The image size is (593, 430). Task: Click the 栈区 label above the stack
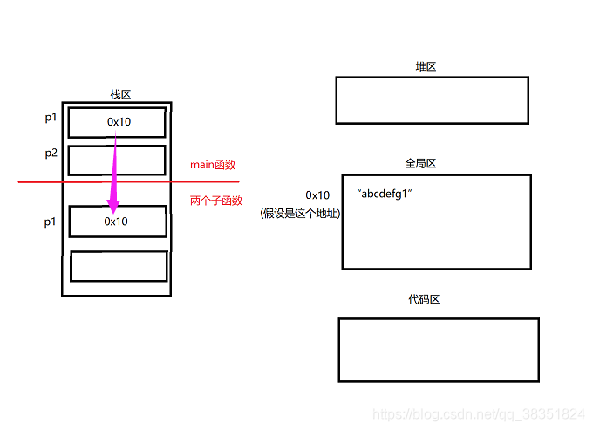click(120, 94)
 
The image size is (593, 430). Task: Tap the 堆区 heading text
click(426, 67)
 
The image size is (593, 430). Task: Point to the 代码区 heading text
click(424, 299)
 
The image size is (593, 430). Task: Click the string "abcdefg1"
click(384, 193)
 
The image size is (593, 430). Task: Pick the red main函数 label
click(213, 164)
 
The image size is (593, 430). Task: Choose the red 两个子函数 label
click(216, 200)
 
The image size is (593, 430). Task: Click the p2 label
click(51, 154)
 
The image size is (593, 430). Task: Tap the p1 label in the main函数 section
click(51, 118)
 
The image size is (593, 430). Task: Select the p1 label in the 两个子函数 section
click(51, 222)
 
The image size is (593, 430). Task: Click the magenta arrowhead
click(112, 204)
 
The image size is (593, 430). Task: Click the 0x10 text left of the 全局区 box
click(317, 195)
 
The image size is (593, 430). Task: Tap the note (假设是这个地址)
click(300, 213)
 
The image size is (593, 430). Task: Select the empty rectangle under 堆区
click(432, 100)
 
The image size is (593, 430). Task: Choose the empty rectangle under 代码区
click(438, 350)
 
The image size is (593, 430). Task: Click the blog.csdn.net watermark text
click(478, 413)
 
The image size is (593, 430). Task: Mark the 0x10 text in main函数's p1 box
click(119, 122)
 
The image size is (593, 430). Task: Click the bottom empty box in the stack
click(118, 266)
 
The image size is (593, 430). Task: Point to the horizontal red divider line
click(52, 181)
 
